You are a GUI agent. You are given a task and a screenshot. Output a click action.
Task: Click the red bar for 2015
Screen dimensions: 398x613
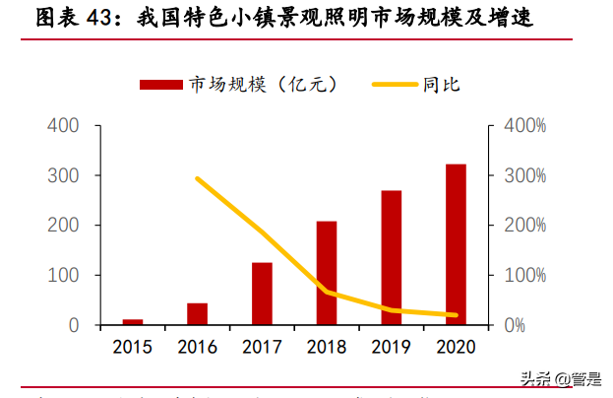[133, 321]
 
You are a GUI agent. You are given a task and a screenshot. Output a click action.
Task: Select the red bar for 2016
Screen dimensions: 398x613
[197, 313]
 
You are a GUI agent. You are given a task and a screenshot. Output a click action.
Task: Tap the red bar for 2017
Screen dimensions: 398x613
[262, 294]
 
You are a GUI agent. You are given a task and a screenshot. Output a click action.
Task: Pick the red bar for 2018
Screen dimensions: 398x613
[327, 273]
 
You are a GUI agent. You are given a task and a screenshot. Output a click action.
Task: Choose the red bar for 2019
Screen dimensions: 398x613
[391, 257]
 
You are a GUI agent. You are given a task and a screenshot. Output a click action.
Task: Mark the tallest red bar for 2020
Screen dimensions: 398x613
[456, 244]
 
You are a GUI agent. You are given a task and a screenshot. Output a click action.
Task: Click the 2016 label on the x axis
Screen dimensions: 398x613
[197, 347]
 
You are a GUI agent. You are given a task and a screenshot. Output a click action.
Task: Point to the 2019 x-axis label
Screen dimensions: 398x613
[391, 347]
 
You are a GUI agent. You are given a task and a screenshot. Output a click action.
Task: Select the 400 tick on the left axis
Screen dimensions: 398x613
[63, 126]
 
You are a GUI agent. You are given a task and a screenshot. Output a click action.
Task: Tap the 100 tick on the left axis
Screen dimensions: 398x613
[63, 275]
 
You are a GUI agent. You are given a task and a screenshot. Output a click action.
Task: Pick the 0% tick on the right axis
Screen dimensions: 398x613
[518, 325]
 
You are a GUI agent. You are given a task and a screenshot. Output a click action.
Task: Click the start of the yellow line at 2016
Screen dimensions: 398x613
[198, 179]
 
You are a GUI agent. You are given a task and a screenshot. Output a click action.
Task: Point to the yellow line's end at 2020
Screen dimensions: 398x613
[456, 315]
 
